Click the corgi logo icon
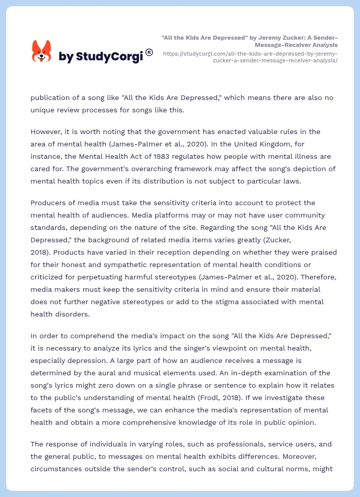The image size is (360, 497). (x=42, y=51)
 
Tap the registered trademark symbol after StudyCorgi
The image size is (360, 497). (x=149, y=52)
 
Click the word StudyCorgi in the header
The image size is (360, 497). (x=109, y=56)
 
